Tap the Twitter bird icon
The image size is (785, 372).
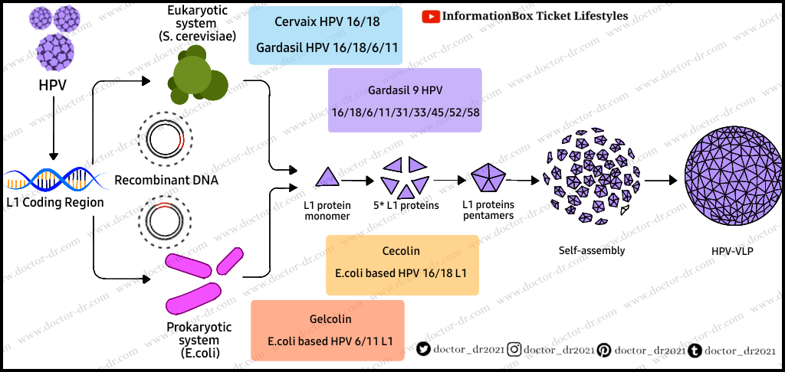click(423, 350)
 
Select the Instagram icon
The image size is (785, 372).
click(514, 350)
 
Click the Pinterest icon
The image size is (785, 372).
click(604, 350)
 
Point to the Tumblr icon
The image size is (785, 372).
click(695, 350)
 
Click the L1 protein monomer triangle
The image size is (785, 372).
click(327, 177)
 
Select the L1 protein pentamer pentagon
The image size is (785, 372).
click(486, 178)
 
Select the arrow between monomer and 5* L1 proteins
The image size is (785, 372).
click(356, 181)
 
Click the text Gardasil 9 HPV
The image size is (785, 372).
click(405, 91)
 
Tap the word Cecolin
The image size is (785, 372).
click(401, 251)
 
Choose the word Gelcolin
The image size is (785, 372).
click(327, 319)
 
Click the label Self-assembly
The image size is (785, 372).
click(593, 250)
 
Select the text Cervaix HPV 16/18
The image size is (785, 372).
click(327, 22)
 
